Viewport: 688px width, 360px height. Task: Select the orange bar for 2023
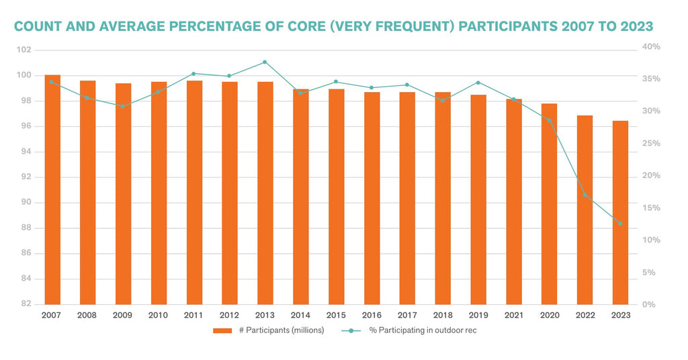click(620, 212)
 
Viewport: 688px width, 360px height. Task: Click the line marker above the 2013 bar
click(265, 62)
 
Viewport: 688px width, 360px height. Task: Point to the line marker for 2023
click(620, 224)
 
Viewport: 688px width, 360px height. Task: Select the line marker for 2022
click(585, 195)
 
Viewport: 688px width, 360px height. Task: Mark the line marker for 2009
click(123, 106)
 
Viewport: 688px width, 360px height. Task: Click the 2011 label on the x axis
click(194, 315)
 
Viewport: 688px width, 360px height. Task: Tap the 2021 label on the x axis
click(513, 315)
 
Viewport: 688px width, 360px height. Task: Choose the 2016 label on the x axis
click(372, 315)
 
